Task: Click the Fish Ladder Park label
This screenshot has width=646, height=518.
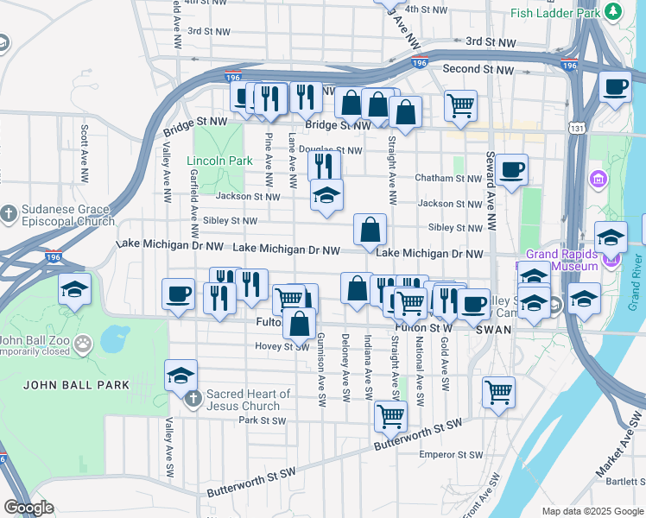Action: [x=554, y=14]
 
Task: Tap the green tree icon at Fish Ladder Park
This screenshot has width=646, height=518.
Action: [x=612, y=11]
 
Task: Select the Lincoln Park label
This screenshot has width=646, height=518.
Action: [x=220, y=161]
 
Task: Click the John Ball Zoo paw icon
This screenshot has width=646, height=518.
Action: [x=83, y=345]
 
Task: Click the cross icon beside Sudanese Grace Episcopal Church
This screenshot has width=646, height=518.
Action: [x=9, y=212]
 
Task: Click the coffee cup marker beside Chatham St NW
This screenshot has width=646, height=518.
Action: [x=511, y=168]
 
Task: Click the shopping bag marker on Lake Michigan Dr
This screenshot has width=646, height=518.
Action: [x=370, y=230]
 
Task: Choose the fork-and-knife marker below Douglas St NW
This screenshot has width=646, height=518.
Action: [x=324, y=165]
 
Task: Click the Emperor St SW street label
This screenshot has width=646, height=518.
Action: [x=450, y=454]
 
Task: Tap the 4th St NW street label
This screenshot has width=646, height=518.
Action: [x=424, y=9]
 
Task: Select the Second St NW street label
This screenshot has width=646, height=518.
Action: [x=478, y=69]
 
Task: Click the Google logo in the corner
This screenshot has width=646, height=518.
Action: [x=28, y=508]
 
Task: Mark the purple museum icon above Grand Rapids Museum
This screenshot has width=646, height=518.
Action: [x=598, y=180]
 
